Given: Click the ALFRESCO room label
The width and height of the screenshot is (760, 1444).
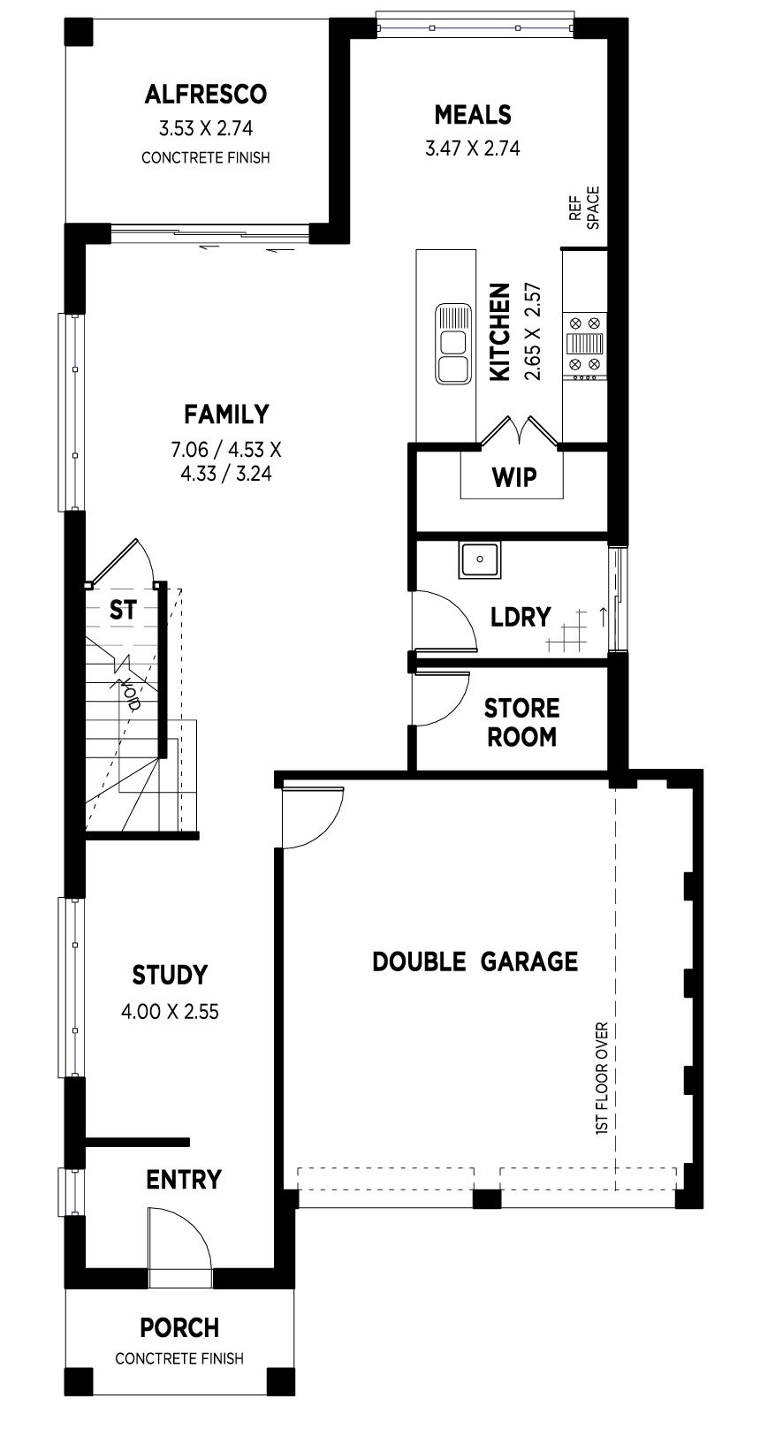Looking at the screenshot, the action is click(x=206, y=95).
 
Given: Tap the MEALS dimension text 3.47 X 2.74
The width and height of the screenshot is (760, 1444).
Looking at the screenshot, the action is click(x=473, y=148).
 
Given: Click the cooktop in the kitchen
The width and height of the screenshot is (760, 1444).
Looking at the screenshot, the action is click(x=585, y=345).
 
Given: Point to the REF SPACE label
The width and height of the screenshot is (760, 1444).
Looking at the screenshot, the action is click(x=584, y=208).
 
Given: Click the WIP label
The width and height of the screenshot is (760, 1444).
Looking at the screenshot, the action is click(x=514, y=478).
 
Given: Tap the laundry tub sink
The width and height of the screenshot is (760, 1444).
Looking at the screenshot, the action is click(x=479, y=559).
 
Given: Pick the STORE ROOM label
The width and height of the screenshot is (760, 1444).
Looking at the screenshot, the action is click(x=521, y=723).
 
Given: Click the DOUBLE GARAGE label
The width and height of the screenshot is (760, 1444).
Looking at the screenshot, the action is click(x=475, y=961).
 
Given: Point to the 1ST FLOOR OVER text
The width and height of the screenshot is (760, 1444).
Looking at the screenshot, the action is click(x=602, y=1078).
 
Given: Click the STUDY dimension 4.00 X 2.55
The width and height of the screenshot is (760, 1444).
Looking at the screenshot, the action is click(x=171, y=1012).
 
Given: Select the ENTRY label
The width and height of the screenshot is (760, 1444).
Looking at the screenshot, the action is click(x=184, y=1180).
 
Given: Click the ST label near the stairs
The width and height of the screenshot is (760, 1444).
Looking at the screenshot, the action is click(x=123, y=610).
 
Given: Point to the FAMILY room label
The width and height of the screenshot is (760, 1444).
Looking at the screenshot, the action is click(x=226, y=414).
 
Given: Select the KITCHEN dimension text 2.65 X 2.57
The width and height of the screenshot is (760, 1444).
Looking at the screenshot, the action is click(x=533, y=331).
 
